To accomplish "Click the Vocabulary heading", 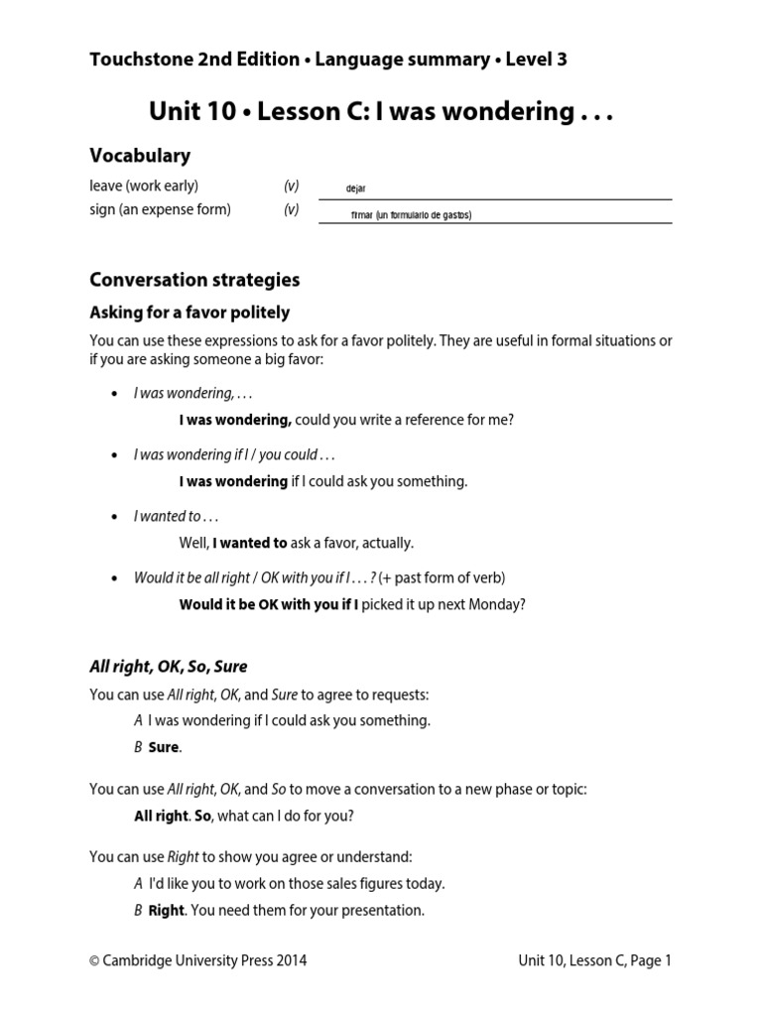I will pyautogui.click(x=140, y=156).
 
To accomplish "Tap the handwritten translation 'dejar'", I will pyautogui.click(x=356, y=189).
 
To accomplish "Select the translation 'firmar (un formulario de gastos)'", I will pyautogui.click(x=411, y=214).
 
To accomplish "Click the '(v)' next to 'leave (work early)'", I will pyautogui.click(x=291, y=186).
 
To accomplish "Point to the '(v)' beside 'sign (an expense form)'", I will pyautogui.click(x=291, y=209).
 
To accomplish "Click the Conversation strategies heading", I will pyautogui.click(x=194, y=280).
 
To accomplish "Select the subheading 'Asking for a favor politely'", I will pyautogui.click(x=190, y=313).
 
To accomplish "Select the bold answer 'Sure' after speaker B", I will pyautogui.click(x=165, y=747).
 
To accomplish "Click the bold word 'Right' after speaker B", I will pyautogui.click(x=167, y=910).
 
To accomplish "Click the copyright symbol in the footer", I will pyautogui.click(x=95, y=960).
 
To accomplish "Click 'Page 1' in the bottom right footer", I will pyautogui.click(x=648, y=960).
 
